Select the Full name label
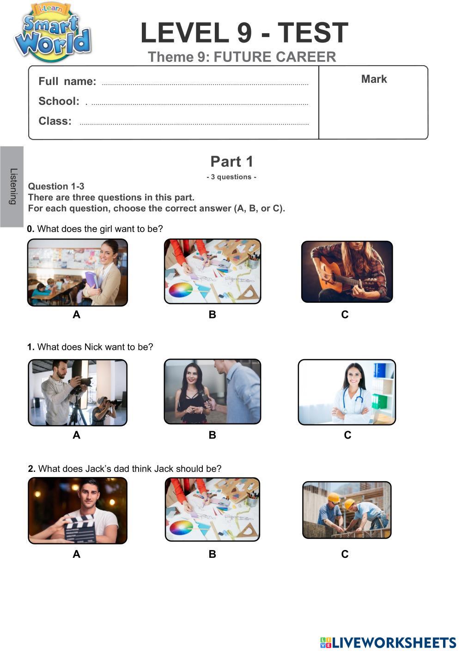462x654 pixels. pos(67,81)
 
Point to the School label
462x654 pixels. pos(59,101)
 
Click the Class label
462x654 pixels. pos(55,121)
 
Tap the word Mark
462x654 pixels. pos(374,79)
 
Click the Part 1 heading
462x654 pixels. pos(231,161)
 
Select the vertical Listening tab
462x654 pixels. pos(12,187)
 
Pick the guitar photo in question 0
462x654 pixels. pos(347,271)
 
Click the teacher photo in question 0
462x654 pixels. pos(78,272)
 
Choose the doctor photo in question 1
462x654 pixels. pos(346,392)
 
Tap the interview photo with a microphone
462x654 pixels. pos(213,391)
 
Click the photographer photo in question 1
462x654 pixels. pos(78,392)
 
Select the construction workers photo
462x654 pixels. pos(346,510)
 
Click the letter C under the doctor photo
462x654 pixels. pos(347,435)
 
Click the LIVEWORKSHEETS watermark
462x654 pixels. pos(388,642)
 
